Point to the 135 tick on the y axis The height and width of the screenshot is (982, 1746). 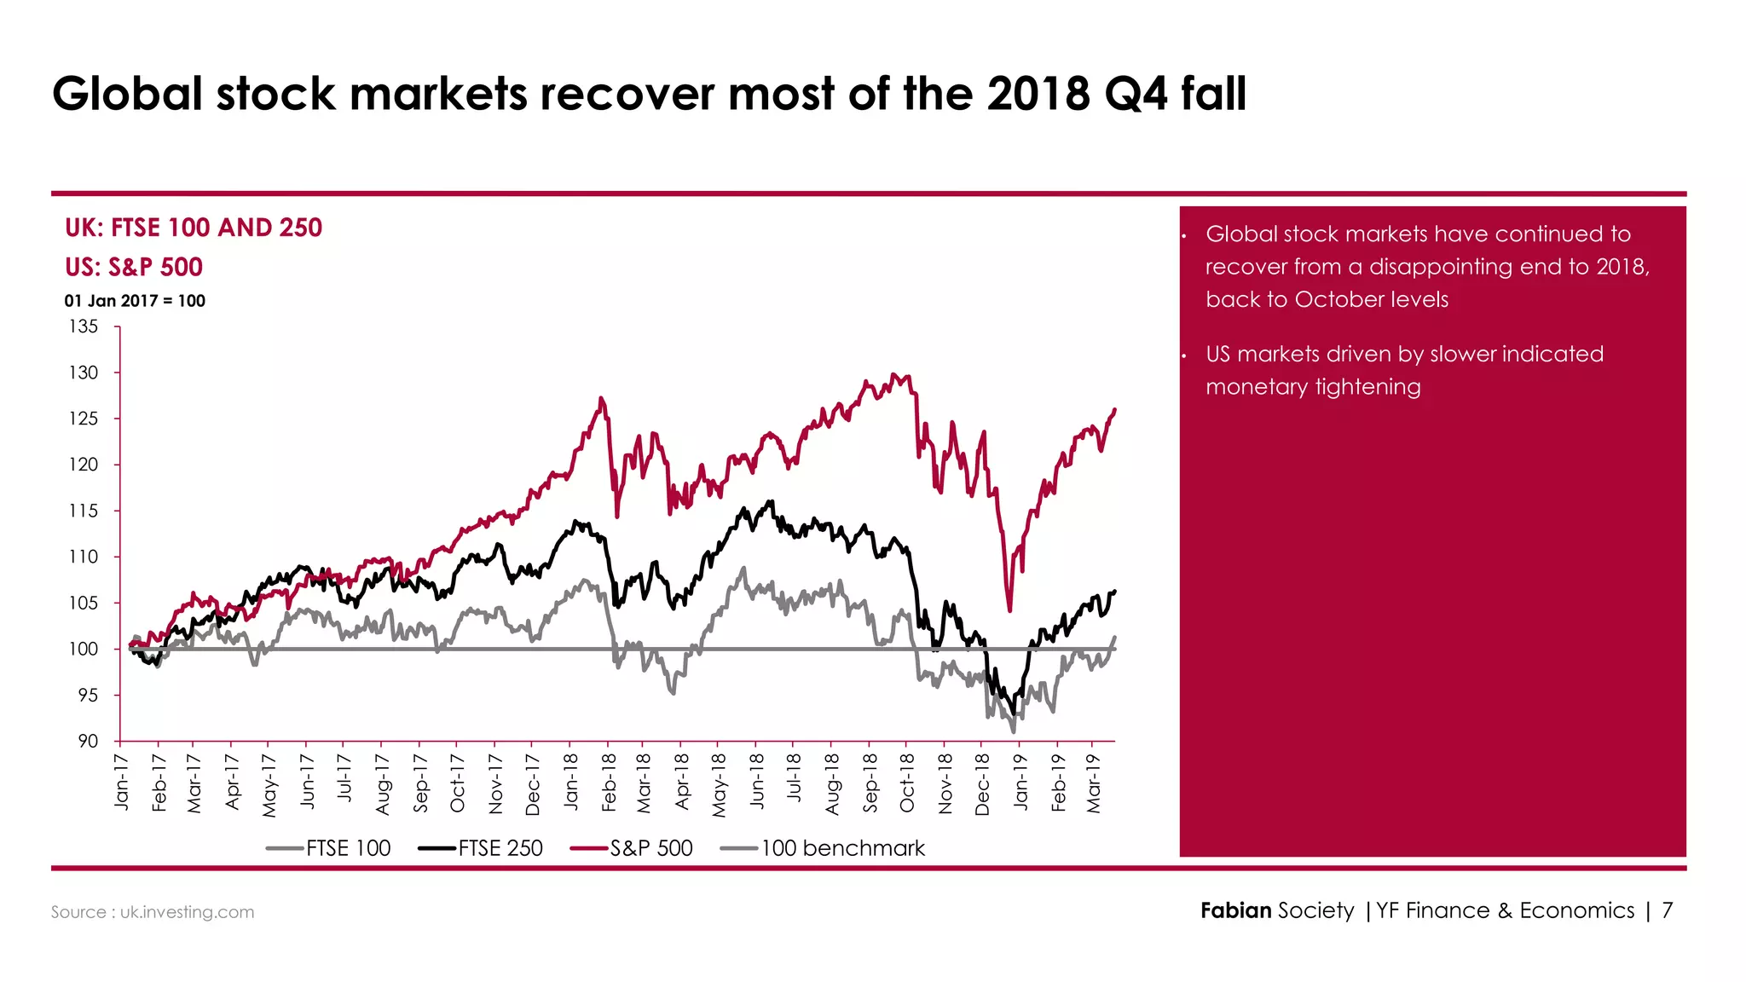pyautogui.click(x=84, y=326)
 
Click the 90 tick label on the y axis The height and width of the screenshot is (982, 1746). pyautogui.click(x=88, y=741)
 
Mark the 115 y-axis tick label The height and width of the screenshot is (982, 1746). pyautogui.click(x=84, y=511)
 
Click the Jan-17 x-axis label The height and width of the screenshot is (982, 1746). pyautogui.click(x=122, y=782)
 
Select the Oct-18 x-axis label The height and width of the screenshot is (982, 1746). pyautogui.click(x=907, y=783)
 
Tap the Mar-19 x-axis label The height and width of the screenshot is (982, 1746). pyautogui.click(x=1095, y=783)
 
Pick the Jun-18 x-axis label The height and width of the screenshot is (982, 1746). pyautogui.click(x=757, y=782)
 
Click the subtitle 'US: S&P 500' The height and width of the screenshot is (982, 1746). pyautogui.click(x=134, y=267)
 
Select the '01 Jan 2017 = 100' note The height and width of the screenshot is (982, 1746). pyautogui.click(x=135, y=301)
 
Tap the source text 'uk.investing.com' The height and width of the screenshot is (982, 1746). pyautogui.click(x=187, y=912)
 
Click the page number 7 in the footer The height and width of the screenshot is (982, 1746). pyautogui.click(x=1667, y=910)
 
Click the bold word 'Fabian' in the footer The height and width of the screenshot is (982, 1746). pyautogui.click(x=1235, y=910)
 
